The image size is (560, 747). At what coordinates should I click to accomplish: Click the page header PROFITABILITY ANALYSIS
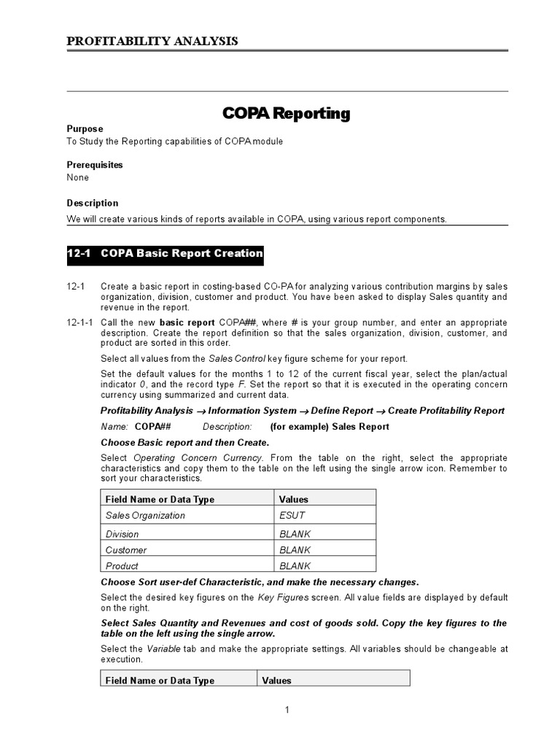pos(152,41)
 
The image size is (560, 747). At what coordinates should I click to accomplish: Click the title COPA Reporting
pos(286,114)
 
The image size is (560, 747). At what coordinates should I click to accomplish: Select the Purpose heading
pos(85,128)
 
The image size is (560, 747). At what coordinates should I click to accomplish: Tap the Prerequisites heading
pos(95,165)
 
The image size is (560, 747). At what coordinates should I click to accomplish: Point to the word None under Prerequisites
pos(78,177)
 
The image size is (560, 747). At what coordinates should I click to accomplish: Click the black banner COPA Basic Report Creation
pos(165,254)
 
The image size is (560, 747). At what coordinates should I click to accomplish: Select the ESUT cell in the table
pos(292,516)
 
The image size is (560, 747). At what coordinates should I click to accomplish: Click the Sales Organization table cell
pos(145,516)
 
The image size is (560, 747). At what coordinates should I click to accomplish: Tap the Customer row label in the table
pos(126,550)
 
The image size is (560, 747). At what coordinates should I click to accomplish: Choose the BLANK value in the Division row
pos(295,534)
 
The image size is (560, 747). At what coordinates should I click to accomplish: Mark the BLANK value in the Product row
pos(295,566)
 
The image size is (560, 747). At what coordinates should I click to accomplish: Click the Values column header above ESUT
pos(294,500)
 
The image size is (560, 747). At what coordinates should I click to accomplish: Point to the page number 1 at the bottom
pos(287,710)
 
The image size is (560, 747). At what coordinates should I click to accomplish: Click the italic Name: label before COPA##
pos(114,427)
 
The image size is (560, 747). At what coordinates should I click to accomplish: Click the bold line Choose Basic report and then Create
pos(184,443)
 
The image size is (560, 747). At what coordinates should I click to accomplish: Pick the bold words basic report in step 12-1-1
pos(187,322)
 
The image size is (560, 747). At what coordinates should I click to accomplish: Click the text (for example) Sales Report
pos(330,427)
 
